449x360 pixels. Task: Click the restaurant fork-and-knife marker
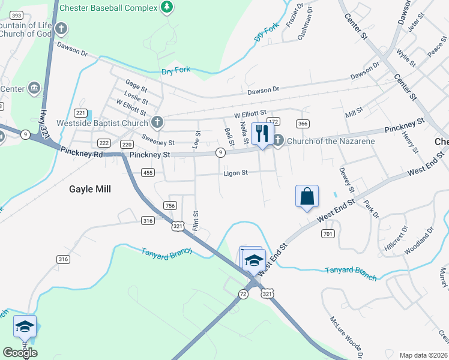(262, 134)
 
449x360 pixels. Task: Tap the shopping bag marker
(307, 196)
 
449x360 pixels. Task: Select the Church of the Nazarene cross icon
(277, 141)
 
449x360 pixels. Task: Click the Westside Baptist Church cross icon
(157, 123)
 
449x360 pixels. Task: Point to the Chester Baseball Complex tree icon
(167, 8)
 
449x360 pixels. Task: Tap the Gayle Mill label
(90, 188)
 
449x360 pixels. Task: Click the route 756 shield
(170, 206)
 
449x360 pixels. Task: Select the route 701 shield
(327, 233)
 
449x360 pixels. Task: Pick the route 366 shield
(303, 124)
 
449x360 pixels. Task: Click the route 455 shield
(148, 173)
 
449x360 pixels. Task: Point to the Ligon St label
(235, 173)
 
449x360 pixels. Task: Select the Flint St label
(195, 221)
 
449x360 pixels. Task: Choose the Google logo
(19, 352)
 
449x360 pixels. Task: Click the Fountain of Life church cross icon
(61, 28)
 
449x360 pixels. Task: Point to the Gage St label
(136, 85)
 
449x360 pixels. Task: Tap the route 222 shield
(104, 143)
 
